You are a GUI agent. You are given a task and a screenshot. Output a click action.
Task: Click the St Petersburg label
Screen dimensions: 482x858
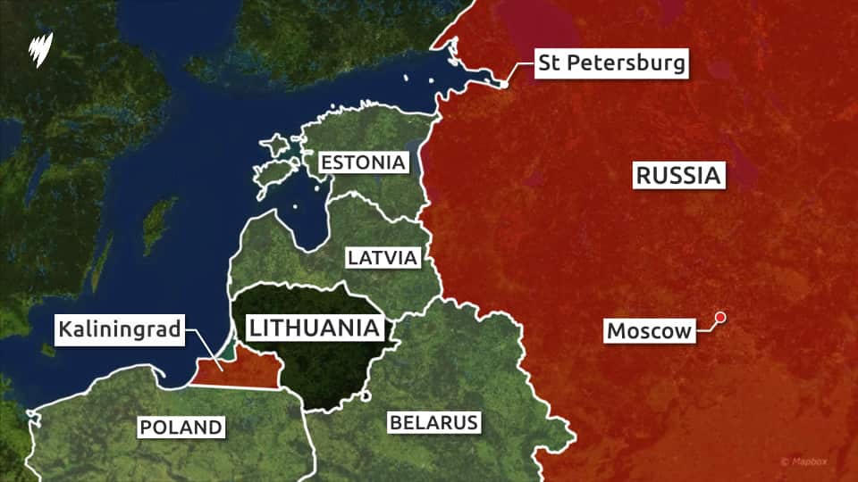pyautogui.click(x=611, y=63)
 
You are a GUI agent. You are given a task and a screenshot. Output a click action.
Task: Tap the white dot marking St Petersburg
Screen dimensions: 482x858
pyautogui.click(x=504, y=84)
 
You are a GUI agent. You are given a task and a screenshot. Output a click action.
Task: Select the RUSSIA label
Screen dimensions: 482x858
pyautogui.click(x=677, y=176)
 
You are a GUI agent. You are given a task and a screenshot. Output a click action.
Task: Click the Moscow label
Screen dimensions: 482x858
pyautogui.click(x=650, y=332)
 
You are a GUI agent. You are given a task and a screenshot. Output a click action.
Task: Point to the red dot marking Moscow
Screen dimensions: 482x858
pyautogui.click(x=719, y=317)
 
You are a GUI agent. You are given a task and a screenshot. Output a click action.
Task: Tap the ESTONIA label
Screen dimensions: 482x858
pyautogui.click(x=364, y=163)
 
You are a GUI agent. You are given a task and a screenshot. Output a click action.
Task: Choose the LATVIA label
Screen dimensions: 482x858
pyautogui.click(x=383, y=258)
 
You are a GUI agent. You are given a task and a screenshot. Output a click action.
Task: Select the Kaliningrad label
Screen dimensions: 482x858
pyautogui.click(x=121, y=330)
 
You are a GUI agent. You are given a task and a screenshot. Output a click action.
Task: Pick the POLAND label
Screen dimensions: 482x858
pyautogui.click(x=181, y=428)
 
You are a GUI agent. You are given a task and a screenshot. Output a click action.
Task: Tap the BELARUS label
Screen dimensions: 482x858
pyautogui.click(x=433, y=422)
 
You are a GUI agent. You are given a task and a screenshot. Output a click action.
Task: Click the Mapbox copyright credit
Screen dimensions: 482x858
pyautogui.click(x=810, y=461)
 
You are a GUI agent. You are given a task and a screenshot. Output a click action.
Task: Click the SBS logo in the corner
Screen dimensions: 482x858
pyautogui.click(x=40, y=46)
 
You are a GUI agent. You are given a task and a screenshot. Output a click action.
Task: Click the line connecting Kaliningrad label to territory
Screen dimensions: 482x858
pyautogui.click(x=205, y=349)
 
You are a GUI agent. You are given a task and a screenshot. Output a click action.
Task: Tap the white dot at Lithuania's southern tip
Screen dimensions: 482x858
pyautogui.click(x=367, y=398)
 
